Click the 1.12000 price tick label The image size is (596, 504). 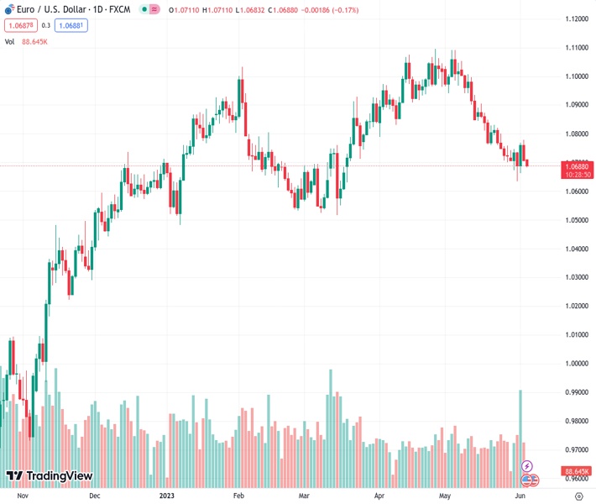[575, 19]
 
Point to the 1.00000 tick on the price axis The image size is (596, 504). [575, 364]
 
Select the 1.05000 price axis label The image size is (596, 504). [575, 220]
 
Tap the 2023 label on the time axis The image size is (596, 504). [166, 496]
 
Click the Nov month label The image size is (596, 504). [23, 496]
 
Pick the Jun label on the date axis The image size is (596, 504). [520, 496]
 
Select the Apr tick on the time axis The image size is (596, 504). [379, 496]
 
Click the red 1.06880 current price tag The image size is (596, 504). [577, 166]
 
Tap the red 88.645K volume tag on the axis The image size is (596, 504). [577, 471]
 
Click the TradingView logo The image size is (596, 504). [49, 476]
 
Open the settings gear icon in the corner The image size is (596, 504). [578, 496]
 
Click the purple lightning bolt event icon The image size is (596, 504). [527, 465]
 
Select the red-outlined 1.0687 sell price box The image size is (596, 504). [18, 25]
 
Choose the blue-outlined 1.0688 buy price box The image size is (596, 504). [71, 25]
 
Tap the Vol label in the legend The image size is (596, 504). [10, 41]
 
